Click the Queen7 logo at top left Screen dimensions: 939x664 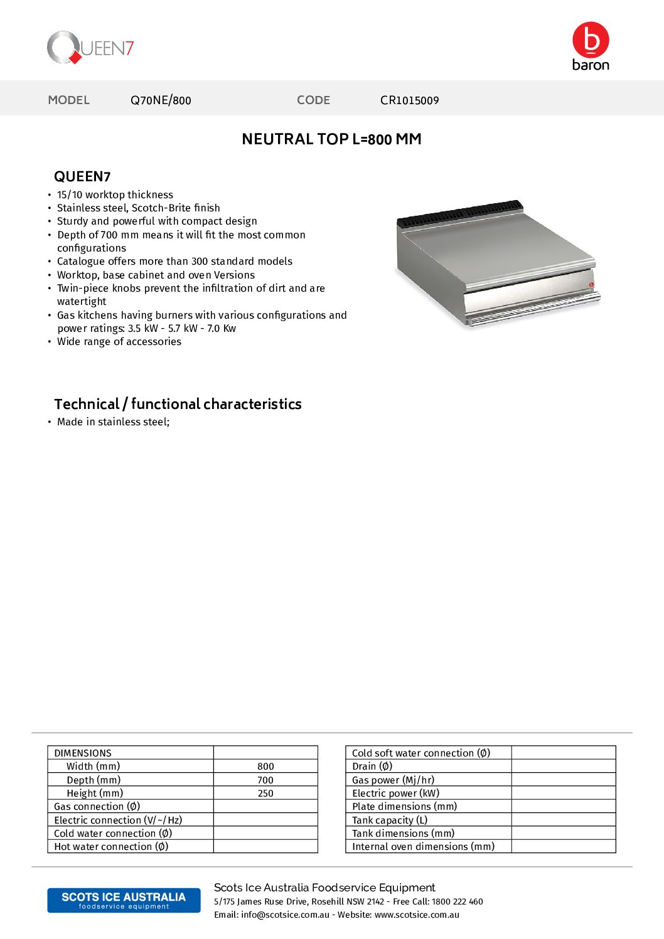click(90, 48)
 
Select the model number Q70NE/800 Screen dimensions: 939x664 click(161, 100)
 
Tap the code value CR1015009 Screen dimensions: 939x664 click(409, 100)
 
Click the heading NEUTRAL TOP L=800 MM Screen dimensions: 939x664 click(331, 139)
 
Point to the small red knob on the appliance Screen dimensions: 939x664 click(591, 285)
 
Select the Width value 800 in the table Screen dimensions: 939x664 click(265, 767)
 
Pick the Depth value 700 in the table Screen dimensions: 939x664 click(265, 780)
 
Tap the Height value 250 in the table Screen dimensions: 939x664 click(265, 793)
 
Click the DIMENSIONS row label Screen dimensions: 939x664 click(83, 753)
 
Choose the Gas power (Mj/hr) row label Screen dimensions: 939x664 click(393, 780)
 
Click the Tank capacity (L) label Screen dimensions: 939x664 click(390, 820)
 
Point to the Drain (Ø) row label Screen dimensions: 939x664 click(372, 767)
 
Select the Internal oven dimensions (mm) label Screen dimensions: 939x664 click(423, 847)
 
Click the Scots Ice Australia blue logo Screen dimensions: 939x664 click(124, 900)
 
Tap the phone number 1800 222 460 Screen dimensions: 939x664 click(457, 902)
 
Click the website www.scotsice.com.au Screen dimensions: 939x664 click(417, 915)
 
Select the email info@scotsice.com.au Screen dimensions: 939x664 click(285, 915)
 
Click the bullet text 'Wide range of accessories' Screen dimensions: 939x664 click(119, 342)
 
